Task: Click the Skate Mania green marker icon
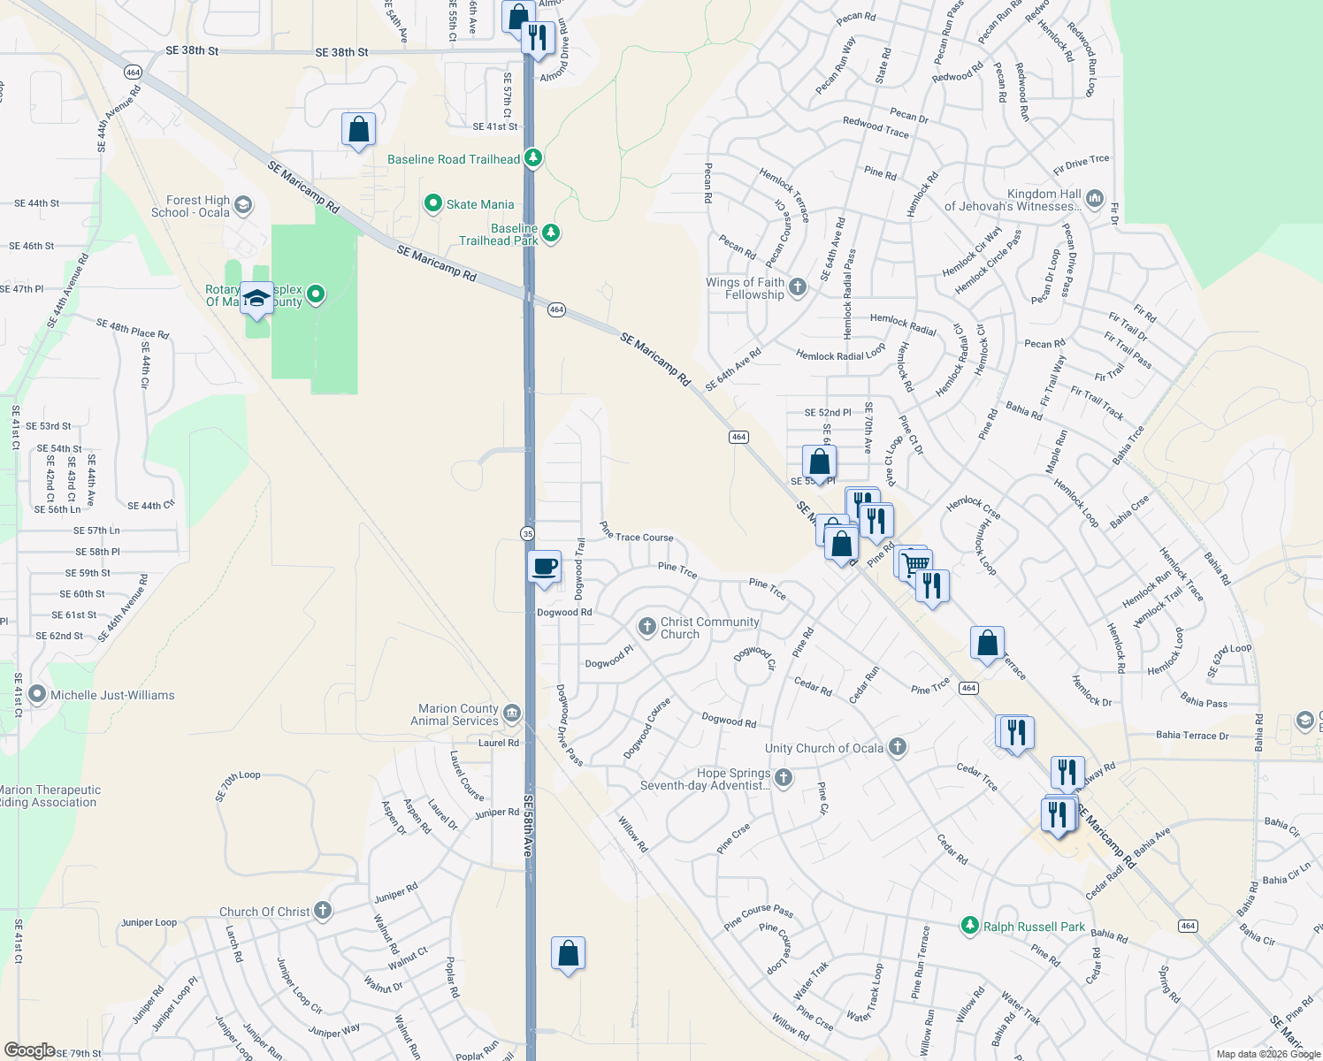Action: [x=433, y=204]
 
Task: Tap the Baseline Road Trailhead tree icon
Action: [x=532, y=158]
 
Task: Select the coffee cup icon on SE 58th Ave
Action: [x=544, y=566]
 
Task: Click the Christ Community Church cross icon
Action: [x=646, y=626]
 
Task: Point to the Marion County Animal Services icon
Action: [x=511, y=714]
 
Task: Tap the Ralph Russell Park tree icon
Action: [x=970, y=926]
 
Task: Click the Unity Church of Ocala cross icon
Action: [x=898, y=748]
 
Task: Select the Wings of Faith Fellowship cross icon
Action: [x=798, y=286]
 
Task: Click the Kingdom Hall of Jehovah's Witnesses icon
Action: [x=1095, y=197]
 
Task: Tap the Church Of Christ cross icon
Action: [x=323, y=910]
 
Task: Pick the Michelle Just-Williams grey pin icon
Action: [x=37, y=694]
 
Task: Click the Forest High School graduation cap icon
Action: [x=243, y=206]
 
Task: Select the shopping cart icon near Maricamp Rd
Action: [x=917, y=563]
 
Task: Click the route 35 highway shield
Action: [x=527, y=532]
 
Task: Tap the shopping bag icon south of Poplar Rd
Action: [x=568, y=954]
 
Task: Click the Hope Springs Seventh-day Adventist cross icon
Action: [x=784, y=778]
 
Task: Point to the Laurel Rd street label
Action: [x=499, y=743]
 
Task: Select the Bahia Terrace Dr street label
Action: [x=1192, y=736]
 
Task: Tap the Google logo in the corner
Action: [x=29, y=1050]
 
